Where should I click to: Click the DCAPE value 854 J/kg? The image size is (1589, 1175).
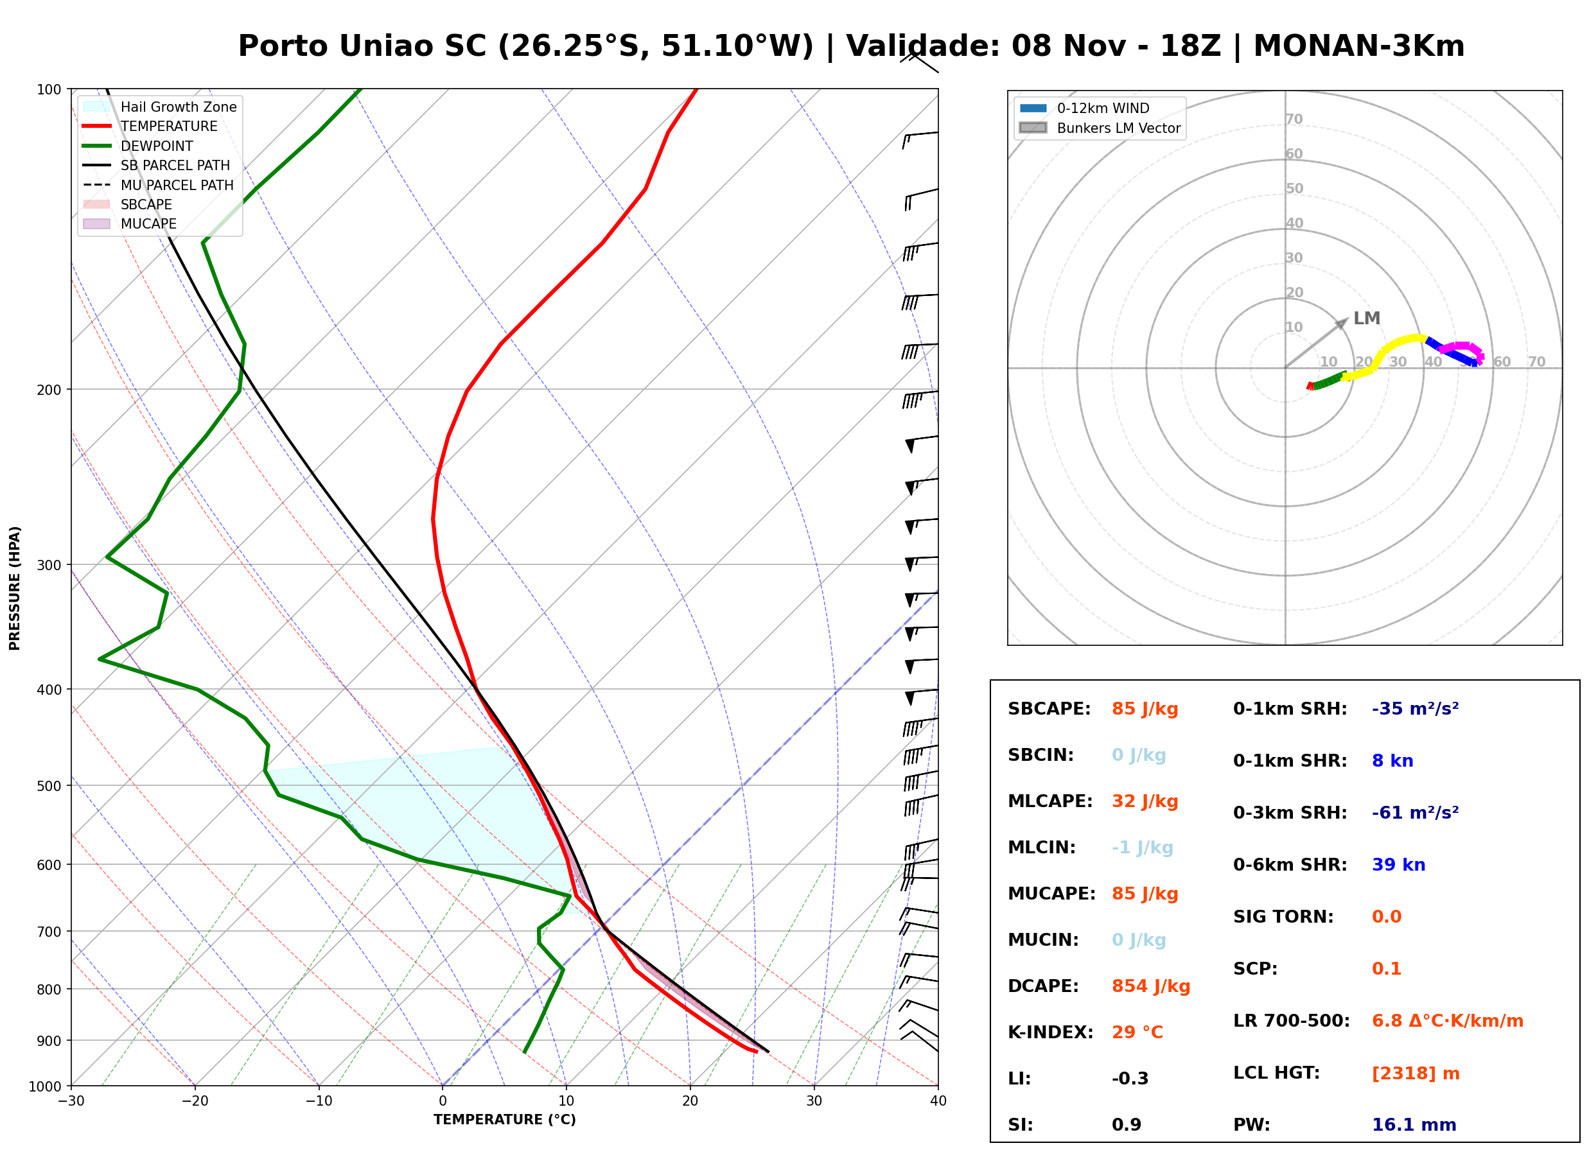(x=1150, y=986)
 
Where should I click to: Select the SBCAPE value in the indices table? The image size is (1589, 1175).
(x=1145, y=708)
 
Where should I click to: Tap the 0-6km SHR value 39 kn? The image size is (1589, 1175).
(x=1398, y=864)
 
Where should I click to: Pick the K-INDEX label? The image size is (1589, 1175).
(x=1050, y=1032)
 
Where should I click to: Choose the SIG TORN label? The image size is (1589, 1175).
(x=1283, y=916)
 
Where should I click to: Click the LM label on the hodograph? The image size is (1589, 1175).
(x=1365, y=318)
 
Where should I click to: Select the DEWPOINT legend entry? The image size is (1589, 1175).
(x=138, y=146)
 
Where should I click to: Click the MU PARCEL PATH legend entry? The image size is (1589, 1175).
(x=158, y=185)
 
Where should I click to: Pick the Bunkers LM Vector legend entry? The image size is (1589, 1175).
(x=1100, y=128)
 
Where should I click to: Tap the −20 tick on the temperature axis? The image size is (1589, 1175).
(x=194, y=1101)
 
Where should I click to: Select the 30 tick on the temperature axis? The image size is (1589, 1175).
(x=814, y=1101)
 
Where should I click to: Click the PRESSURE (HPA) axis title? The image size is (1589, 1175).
(x=15, y=587)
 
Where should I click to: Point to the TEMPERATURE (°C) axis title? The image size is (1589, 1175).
(x=504, y=1120)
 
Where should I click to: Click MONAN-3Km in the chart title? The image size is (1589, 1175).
(x=1358, y=46)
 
